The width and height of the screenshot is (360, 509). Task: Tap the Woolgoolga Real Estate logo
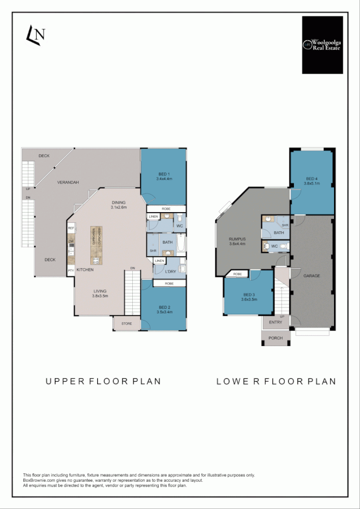tap(322, 45)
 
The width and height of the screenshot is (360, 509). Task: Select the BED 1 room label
tap(163, 176)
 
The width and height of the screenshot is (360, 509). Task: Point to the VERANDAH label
tap(68, 182)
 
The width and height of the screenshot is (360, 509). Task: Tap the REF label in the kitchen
tap(71, 228)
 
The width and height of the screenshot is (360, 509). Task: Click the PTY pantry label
tap(71, 271)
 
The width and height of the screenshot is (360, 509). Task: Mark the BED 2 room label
tap(163, 309)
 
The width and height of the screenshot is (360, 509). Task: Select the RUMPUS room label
tap(236, 241)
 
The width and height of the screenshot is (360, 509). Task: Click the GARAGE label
tap(311, 275)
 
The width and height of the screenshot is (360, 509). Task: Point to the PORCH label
tap(276, 338)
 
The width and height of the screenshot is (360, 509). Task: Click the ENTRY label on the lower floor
tap(275, 322)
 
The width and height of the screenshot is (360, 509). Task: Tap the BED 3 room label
tap(249, 297)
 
